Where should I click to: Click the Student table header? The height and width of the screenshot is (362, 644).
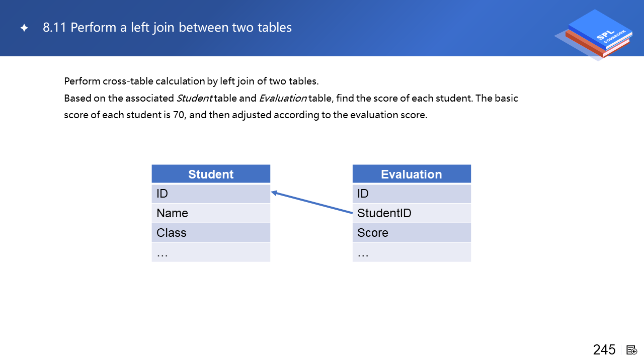pos(211,174)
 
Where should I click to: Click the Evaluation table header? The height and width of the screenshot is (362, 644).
pos(412,174)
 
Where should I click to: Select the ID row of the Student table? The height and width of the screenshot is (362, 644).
pos(211,194)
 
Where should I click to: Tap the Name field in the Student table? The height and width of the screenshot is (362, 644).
pos(211,213)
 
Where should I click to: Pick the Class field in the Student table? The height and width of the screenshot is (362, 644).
pos(211,233)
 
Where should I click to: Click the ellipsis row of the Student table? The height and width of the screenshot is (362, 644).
pos(211,252)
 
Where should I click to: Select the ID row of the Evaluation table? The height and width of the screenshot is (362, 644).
pos(412,194)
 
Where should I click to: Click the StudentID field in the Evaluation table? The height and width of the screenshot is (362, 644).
pos(412,213)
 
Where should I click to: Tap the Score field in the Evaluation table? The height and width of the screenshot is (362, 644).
pos(412,233)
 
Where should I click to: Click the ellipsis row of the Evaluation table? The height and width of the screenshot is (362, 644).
pos(412,252)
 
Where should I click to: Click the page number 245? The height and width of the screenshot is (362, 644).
pos(604,350)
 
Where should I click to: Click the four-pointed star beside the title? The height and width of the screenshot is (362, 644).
pos(24,28)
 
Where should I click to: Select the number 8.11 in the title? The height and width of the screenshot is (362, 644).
pos(54,28)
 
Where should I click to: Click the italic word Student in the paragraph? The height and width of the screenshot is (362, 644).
pos(194,98)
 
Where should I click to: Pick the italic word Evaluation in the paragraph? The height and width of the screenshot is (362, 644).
pos(283,98)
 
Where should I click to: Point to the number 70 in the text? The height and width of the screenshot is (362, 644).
pos(178,115)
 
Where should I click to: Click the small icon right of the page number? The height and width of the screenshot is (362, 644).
pos(631,350)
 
